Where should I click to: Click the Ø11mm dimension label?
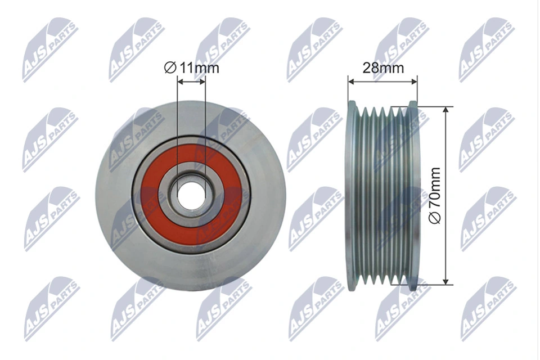click(191, 68)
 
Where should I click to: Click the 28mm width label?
click(383, 68)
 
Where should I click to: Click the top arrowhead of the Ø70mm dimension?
click(446, 109)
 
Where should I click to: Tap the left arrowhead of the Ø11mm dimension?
click(179, 82)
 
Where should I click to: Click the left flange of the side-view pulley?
click(353, 194)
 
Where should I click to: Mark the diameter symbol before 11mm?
click(170, 68)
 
